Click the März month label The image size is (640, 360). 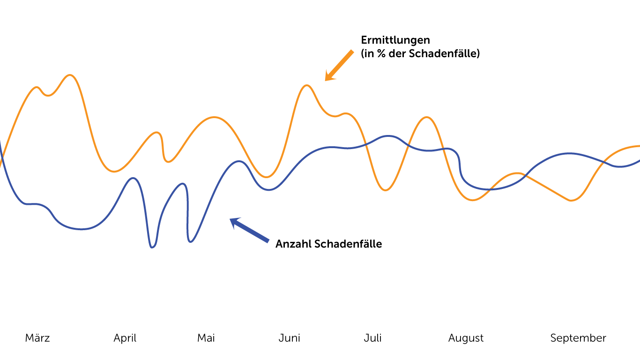[x=37, y=338]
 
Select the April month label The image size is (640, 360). [x=125, y=338]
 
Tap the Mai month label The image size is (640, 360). [x=206, y=338]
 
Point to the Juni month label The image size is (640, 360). [x=290, y=338]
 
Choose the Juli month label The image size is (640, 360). [x=373, y=338]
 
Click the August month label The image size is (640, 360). [x=466, y=338]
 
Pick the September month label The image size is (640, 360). [x=578, y=338]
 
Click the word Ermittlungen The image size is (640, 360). [x=395, y=40]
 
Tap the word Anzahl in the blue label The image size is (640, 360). [x=293, y=244]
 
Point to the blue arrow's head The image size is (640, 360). [x=233, y=221]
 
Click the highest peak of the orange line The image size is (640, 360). [x=70, y=75]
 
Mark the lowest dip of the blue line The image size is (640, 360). [x=152, y=247]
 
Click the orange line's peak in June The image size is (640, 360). [x=307, y=85]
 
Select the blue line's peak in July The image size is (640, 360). [x=388, y=136]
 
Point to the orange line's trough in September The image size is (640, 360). [x=571, y=201]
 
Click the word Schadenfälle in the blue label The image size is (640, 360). [x=348, y=244]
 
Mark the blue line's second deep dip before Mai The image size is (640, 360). [x=190, y=242]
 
